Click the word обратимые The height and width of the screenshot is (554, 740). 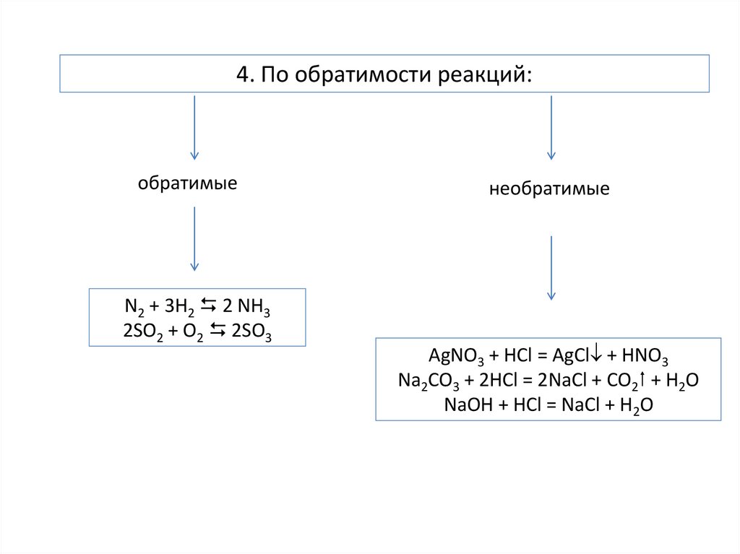click(x=188, y=183)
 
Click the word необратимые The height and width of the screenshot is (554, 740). click(x=549, y=190)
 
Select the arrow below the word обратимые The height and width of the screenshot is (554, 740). click(x=194, y=238)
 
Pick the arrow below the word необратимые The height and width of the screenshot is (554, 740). click(x=551, y=267)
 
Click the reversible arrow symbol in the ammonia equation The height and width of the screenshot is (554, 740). click(x=207, y=308)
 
